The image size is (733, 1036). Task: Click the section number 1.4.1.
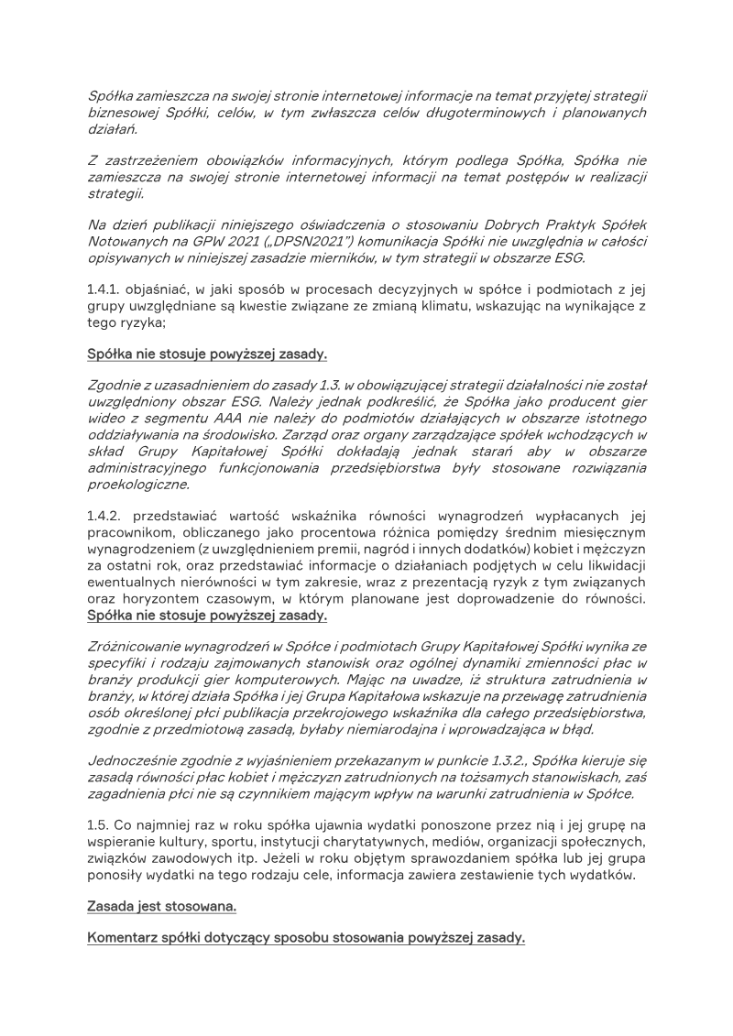point(104,290)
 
